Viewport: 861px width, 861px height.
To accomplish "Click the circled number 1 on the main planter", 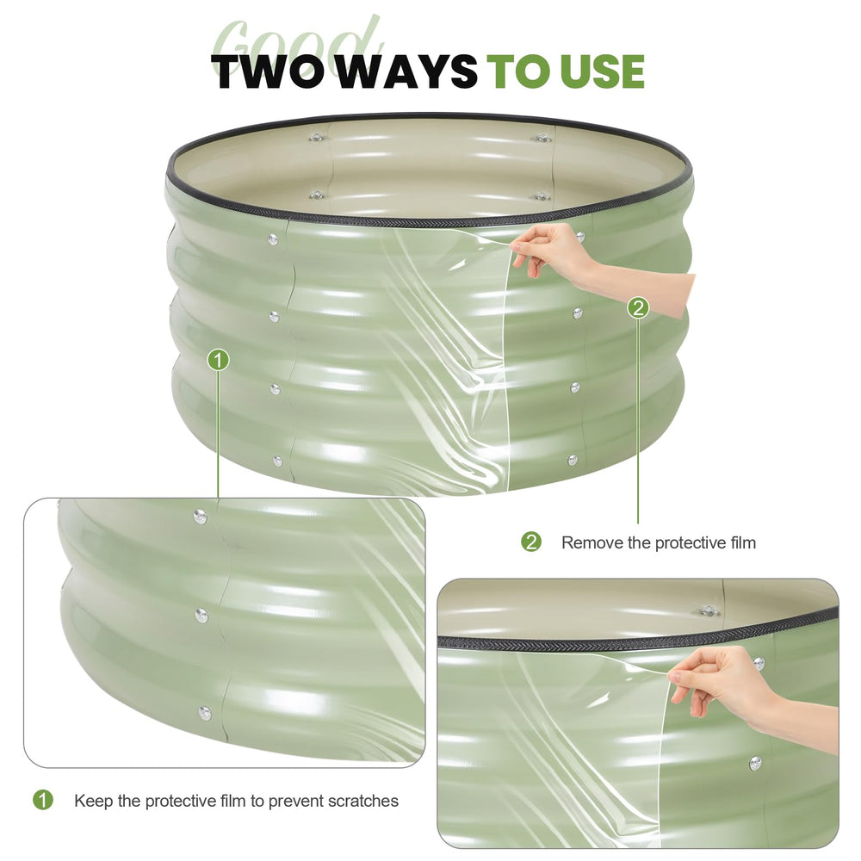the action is coord(218,360).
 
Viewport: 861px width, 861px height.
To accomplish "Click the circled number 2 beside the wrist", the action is coord(638,307).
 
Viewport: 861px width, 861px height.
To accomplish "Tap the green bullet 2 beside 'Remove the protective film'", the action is coord(531,542).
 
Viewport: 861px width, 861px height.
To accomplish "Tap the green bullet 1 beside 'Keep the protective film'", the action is coord(43,800).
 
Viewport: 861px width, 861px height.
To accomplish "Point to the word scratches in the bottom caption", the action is coord(363,801).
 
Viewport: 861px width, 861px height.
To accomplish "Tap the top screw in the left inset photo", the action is coord(200,516).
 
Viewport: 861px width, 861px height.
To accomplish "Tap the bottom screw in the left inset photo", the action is coord(204,713).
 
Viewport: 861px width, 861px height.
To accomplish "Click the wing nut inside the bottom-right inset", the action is coord(709,610).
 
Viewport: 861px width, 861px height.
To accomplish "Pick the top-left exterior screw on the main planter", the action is coord(273,239).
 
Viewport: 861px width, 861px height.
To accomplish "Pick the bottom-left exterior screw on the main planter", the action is coord(277,461).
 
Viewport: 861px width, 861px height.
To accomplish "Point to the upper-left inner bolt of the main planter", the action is coord(316,137).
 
